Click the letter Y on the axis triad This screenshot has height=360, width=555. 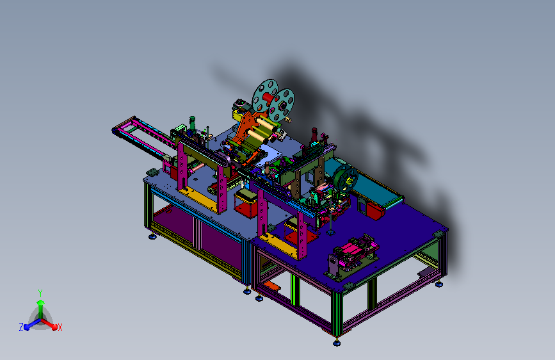[x=40, y=293]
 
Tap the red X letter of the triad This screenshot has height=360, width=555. [x=60, y=327]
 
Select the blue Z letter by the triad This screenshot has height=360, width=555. [x=21, y=327]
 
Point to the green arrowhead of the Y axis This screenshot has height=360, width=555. [x=40, y=302]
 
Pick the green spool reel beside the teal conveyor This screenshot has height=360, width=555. [x=346, y=179]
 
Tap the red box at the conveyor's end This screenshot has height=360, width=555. [x=375, y=210]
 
